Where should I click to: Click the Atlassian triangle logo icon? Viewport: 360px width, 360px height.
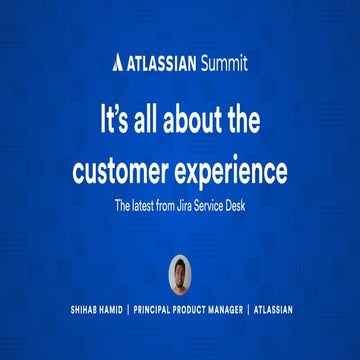(x=118, y=63)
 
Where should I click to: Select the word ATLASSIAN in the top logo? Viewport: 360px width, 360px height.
(x=161, y=63)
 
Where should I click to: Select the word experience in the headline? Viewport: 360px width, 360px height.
(x=230, y=171)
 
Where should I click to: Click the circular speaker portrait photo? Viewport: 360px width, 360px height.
(x=180, y=273)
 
